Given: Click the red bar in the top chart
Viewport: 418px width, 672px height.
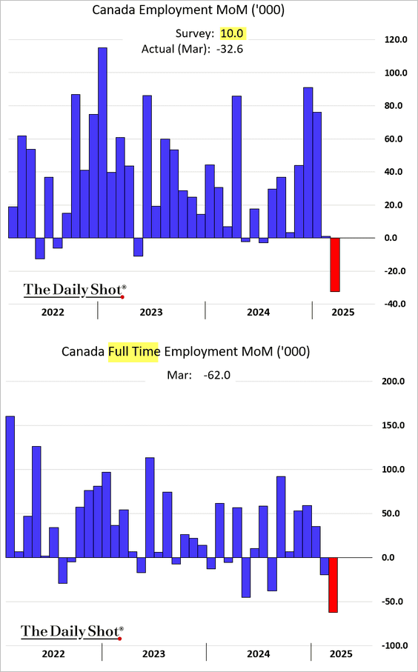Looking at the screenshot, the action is [x=335, y=265].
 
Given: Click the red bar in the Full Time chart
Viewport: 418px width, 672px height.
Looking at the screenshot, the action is [x=333, y=585].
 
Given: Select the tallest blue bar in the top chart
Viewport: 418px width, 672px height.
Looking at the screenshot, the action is [x=102, y=143].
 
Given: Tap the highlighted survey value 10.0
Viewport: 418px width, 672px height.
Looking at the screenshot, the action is [x=233, y=34].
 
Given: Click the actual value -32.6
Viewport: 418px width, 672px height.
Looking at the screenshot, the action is [x=230, y=50].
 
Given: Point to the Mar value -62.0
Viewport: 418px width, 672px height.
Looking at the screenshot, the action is [x=217, y=376].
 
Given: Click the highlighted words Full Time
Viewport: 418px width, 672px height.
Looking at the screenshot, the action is [x=133, y=352].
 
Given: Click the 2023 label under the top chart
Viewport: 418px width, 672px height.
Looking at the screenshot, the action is [x=151, y=312].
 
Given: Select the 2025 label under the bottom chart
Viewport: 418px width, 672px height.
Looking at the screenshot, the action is [x=341, y=654].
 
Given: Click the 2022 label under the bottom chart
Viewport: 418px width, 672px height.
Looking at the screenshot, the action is [x=53, y=654].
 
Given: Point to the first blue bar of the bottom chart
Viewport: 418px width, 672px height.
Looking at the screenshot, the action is [x=10, y=487].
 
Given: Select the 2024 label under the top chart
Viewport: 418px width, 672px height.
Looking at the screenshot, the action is [x=258, y=312].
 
